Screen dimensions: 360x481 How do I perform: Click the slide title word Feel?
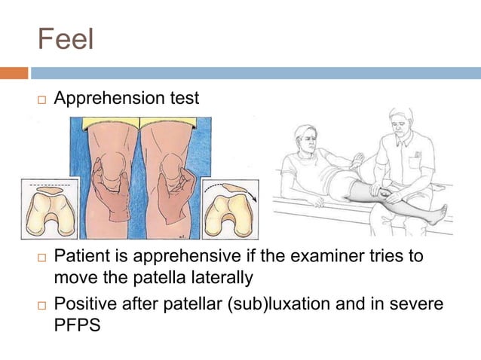tap(66, 39)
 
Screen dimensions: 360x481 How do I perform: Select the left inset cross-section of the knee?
tap(50, 208)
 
